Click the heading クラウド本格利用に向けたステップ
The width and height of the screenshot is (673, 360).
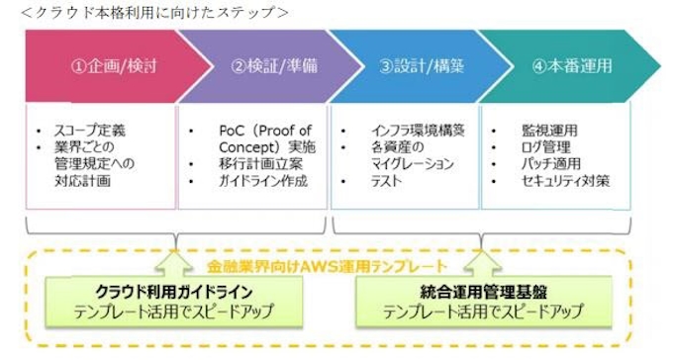coord(147,12)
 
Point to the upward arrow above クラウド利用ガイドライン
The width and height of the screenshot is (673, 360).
coord(175,260)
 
